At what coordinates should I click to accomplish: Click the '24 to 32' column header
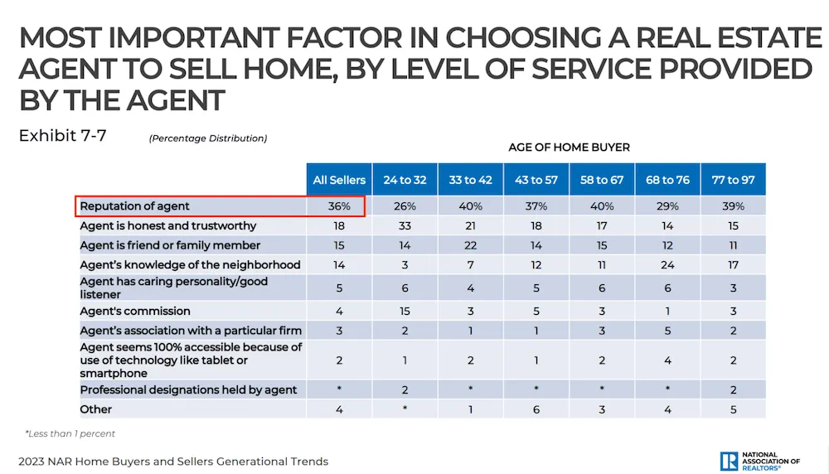(x=405, y=180)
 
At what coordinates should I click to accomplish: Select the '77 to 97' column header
(x=733, y=180)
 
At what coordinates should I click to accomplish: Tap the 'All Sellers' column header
(x=339, y=180)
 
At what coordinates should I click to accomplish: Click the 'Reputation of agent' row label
(x=134, y=206)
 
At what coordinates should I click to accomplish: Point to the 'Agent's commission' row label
(x=135, y=312)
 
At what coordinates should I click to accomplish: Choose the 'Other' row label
(x=95, y=409)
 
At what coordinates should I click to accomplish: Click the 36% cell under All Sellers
(x=339, y=206)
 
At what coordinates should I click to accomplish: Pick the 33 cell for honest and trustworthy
(x=405, y=226)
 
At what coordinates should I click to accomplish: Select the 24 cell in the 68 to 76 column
(x=667, y=265)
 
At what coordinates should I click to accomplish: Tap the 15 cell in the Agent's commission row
(x=405, y=312)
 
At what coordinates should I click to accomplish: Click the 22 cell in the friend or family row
(x=470, y=245)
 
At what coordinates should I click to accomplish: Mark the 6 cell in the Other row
(x=536, y=409)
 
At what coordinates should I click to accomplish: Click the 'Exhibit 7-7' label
(x=62, y=136)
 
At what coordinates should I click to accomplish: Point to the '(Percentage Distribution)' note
(x=208, y=138)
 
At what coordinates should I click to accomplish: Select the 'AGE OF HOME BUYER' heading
(x=569, y=148)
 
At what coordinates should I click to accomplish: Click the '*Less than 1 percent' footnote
(x=70, y=433)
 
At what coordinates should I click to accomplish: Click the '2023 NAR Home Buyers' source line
(x=173, y=462)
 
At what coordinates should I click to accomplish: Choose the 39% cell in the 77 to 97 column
(x=733, y=206)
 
